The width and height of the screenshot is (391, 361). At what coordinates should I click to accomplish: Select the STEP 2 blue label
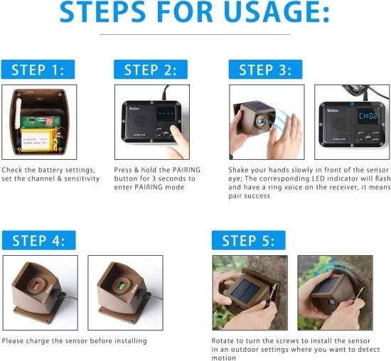tap(150, 70)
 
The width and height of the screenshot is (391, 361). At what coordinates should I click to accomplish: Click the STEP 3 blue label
tap(265, 70)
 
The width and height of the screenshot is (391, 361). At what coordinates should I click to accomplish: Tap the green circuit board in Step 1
tap(32, 114)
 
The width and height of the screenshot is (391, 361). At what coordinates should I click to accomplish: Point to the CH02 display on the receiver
tap(368, 114)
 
